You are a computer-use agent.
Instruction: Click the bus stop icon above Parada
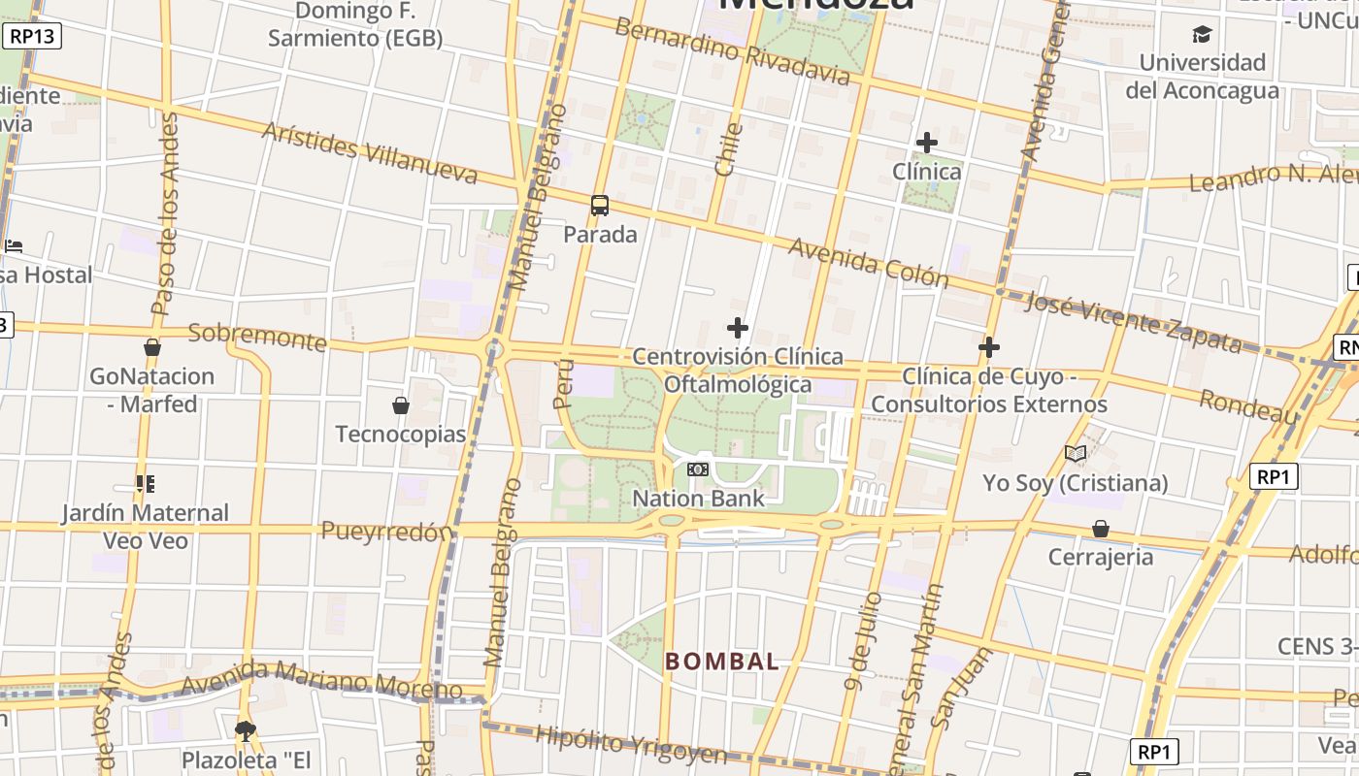tap(600, 206)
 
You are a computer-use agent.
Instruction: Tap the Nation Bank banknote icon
tap(697, 470)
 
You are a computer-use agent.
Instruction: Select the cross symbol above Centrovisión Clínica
tap(738, 328)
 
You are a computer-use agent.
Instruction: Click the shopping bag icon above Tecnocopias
tap(400, 405)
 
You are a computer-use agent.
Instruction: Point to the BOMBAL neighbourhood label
tap(721, 662)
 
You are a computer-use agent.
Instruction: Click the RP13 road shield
tap(32, 37)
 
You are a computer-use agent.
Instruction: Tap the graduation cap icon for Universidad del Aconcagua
tap(1202, 35)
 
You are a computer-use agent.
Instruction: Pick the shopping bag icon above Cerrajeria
tap(1101, 529)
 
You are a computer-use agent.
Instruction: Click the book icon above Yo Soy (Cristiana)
tap(1075, 454)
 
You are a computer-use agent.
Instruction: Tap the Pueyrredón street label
tap(386, 531)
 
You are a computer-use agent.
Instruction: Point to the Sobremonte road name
tap(256, 336)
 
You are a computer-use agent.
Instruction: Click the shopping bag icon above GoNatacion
tap(151, 347)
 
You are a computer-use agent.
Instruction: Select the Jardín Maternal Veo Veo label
tap(146, 526)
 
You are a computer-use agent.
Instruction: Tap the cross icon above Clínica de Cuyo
tap(989, 347)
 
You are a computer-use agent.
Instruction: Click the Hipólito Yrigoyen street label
tap(631, 745)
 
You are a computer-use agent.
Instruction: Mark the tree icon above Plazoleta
tap(246, 729)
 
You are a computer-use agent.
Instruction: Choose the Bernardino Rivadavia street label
tap(733, 50)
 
